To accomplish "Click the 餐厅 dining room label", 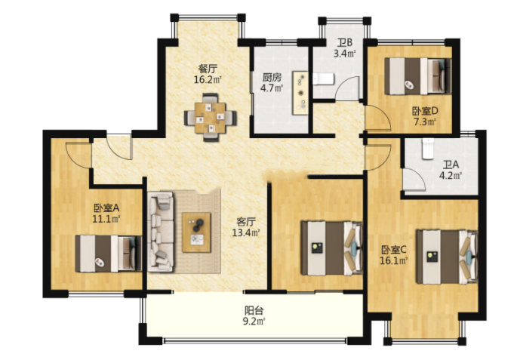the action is [x=208, y=69].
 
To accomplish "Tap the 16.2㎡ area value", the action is [x=208, y=79].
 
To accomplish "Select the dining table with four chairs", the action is [x=211, y=118].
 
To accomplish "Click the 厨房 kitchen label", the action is [x=272, y=78].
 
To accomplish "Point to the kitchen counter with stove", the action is [x=300, y=93].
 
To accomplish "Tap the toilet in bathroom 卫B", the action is [x=324, y=79].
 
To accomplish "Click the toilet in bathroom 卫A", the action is [x=428, y=149].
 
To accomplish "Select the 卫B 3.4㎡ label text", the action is [x=345, y=48].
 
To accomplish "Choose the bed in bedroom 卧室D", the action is [x=418, y=76].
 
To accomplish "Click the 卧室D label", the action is [x=425, y=111].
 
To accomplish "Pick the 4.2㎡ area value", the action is [x=450, y=175].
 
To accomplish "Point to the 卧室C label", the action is [x=394, y=250].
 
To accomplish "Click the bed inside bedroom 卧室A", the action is [x=109, y=254].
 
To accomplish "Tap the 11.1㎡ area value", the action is [x=106, y=219].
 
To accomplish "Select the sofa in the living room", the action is [x=161, y=232].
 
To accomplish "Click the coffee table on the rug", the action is [x=196, y=232].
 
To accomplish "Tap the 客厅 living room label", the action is [x=246, y=222].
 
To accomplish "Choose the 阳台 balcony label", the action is [x=254, y=310].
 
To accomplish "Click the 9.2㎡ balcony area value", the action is [x=254, y=321].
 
